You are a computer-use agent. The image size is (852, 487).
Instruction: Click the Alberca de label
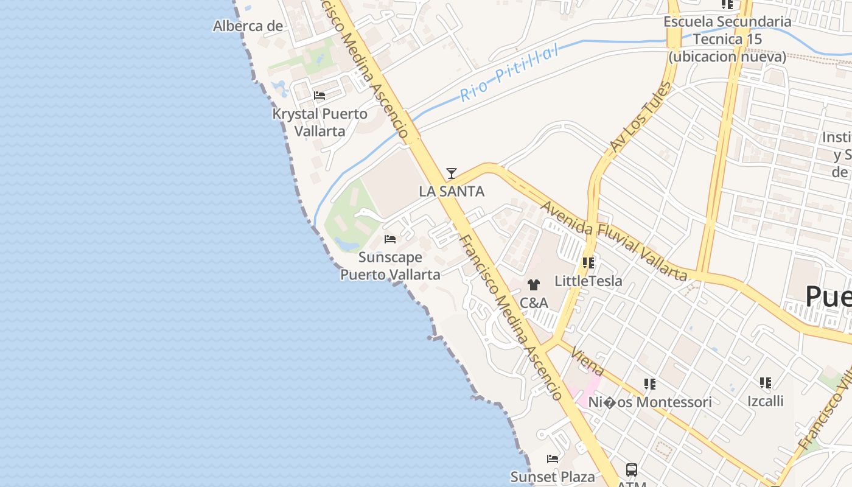[248, 26]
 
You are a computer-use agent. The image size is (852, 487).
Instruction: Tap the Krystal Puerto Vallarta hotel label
[319, 122]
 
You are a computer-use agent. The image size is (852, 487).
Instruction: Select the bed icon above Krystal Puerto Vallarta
[319, 96]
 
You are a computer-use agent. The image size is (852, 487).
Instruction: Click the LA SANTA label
[452, 191]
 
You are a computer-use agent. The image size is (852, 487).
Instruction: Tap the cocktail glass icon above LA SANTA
[451, 173]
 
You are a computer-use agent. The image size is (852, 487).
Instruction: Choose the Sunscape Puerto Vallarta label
[390, 266]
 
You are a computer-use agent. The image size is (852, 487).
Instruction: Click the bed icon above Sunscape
[390, 239]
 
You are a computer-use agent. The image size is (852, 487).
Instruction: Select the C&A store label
[534, 303]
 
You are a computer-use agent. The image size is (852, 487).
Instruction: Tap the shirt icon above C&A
[534, 284]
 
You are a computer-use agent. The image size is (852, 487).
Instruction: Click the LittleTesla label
[588, 281]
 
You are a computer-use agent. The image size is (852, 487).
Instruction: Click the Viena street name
[588, 363]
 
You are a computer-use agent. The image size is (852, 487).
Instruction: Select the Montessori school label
[649, 402]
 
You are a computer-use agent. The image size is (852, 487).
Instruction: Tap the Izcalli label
[765, 401]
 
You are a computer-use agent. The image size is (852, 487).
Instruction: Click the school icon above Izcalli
[765, 384]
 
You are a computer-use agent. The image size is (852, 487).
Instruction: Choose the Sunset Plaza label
[552, 477]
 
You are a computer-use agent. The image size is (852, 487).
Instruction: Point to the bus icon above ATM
[632, 470]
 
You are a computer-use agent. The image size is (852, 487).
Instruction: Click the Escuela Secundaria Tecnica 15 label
[727, 39]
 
